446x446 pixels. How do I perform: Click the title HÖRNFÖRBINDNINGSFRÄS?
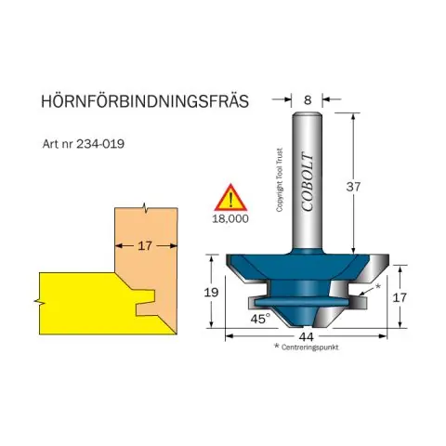[145, 100]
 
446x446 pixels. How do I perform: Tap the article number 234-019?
[100, 144]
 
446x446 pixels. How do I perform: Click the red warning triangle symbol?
[230, 198]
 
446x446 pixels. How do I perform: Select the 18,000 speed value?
[230, 218]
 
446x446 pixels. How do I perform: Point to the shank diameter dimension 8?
[308, 100]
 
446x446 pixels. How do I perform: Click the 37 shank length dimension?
[353, 187]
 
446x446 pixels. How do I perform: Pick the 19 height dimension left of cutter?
[211, 292]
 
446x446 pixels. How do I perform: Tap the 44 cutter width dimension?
[307, 336]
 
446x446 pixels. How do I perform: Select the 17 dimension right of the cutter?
[400, 297]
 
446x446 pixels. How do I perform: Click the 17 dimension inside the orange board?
[145, 246]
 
